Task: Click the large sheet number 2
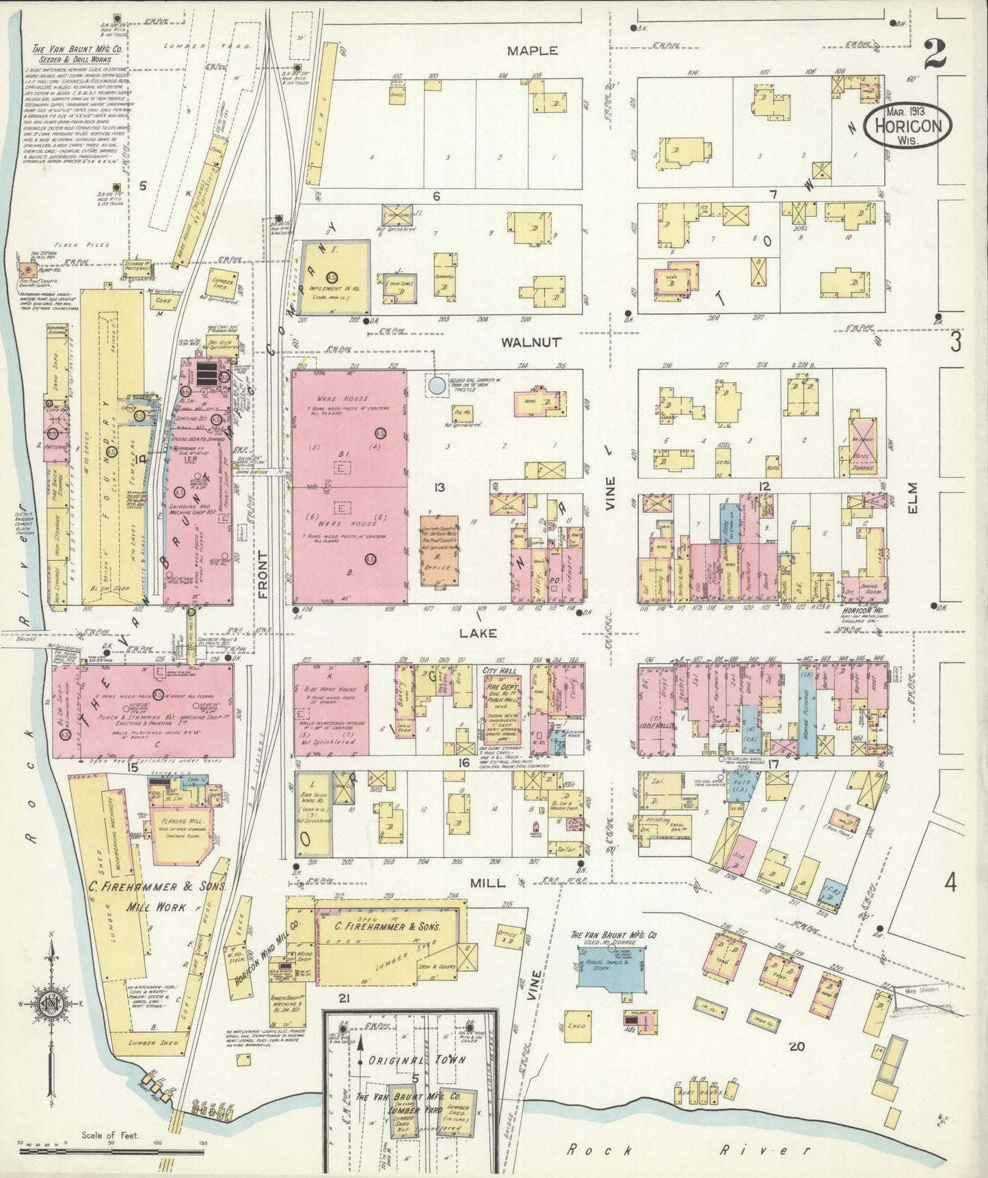(x=935, y=55)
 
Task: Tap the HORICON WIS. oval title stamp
(x=907, y=125)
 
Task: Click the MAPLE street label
(x=532, y=51)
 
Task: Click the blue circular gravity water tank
(x=436, y=386)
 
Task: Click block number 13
(x=438, y=487)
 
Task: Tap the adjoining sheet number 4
(x=950, y=883)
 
